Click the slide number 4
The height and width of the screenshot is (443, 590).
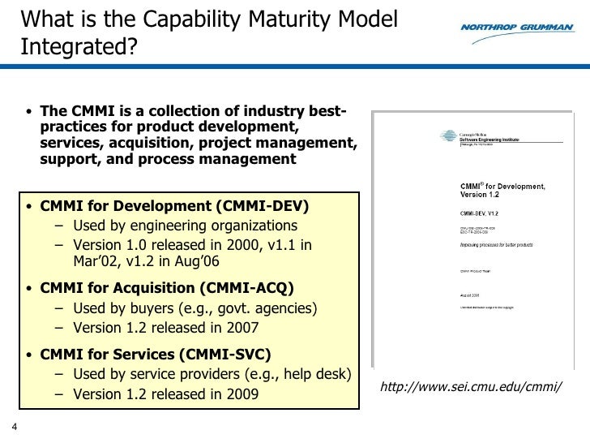14,429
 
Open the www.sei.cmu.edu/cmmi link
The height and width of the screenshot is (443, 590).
471,384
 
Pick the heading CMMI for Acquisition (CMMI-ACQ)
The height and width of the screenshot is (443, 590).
167,287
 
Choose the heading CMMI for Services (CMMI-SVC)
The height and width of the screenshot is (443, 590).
156,354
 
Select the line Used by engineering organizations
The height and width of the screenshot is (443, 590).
185,225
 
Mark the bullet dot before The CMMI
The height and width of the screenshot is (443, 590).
29,112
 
